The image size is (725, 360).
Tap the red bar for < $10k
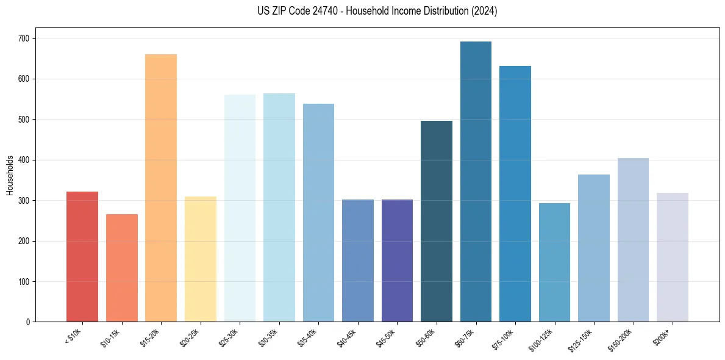[82, 257]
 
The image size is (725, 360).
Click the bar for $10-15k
[121, 268]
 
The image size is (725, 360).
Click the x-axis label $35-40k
[310, 337]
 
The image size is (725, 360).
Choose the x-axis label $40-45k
[349, 337]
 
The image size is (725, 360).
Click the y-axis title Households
[10, 175]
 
